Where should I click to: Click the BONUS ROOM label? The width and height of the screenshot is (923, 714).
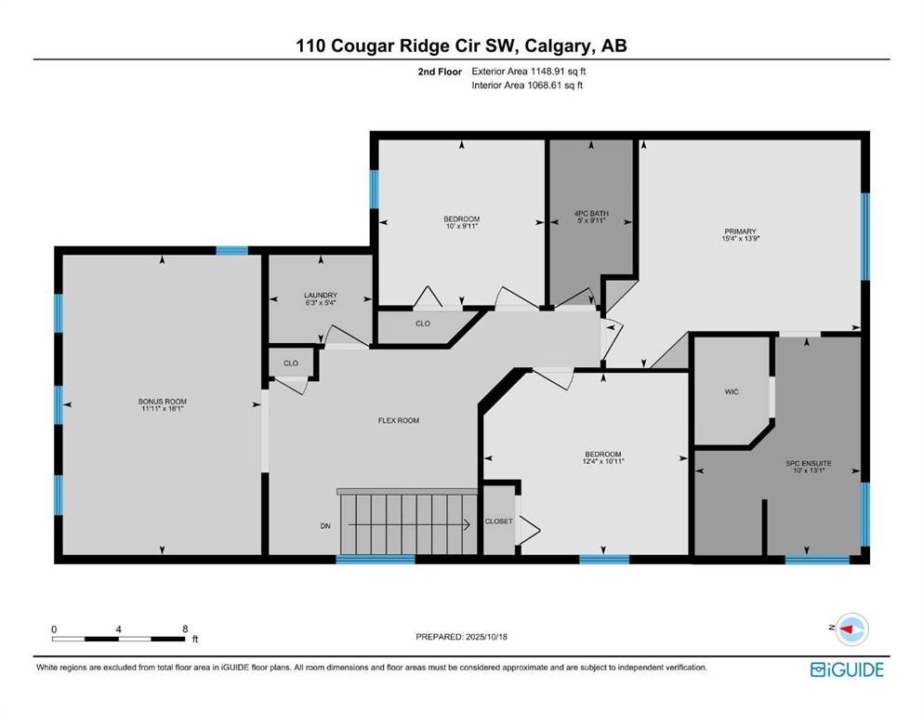pos(163,402)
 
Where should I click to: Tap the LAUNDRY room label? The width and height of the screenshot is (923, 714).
pos(321,296)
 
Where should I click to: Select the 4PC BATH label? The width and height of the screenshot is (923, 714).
pos(591,214)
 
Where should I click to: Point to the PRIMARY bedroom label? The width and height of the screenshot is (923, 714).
pos(740,231)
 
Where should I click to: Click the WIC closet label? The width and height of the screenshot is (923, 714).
pos(732,392)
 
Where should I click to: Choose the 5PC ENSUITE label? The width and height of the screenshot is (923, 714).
pos(809,464)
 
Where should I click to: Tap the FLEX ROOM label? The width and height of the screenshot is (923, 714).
pos(399,421)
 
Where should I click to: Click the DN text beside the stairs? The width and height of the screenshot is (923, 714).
pos(325,526)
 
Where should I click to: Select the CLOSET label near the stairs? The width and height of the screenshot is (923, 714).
pos(498,522)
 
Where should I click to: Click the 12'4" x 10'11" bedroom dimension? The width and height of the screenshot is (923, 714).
pos(603,462)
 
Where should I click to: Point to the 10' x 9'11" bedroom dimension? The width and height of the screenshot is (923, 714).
pos(461,226)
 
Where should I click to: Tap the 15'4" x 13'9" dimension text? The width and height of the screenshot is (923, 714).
pos(740,239)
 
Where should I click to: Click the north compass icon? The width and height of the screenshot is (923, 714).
pos(851,629)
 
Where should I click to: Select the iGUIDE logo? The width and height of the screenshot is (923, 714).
pos(847,670)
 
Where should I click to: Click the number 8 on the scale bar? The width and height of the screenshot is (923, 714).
pos(185,628)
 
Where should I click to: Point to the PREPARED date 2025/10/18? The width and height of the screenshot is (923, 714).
pos(486,637)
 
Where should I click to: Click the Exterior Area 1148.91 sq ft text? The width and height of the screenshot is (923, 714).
pos(529,72)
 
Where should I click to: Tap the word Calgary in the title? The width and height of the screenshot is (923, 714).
pos(558,46)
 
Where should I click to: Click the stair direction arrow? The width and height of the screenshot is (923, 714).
pos(409,524)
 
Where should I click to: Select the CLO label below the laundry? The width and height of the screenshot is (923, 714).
pos(291,364)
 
